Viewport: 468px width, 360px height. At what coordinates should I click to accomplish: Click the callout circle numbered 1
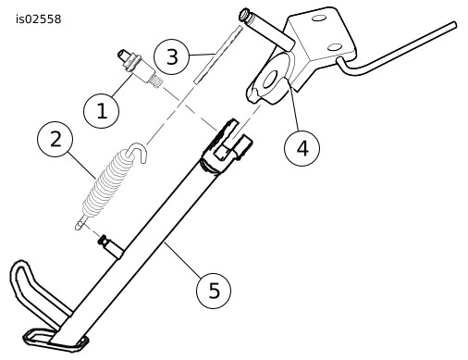[102, 110]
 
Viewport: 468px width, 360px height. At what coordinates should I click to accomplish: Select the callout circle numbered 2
[55, 139]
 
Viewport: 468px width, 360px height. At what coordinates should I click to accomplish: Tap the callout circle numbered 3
[171, 56]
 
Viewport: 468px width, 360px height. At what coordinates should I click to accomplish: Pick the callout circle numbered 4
[302, 148]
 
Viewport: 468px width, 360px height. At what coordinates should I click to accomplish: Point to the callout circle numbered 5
[214, 291]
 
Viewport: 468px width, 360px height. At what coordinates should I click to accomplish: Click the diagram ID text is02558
[39, 19]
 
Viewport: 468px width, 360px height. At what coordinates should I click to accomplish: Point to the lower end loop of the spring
[80, 224]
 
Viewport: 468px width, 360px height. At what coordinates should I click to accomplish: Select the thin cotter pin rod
[218, 55]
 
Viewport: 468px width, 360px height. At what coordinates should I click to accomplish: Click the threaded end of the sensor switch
[156, 81]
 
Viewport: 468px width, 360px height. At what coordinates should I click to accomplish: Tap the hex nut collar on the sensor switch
[132, 63]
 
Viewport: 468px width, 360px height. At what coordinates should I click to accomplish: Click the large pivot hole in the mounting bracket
[270, 80]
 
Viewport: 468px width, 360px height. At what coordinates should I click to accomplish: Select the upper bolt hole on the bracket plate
[319, 19]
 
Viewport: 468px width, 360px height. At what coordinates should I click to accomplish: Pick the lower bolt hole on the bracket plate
[335, 47]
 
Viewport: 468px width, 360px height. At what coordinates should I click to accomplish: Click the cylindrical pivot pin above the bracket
[267, 29]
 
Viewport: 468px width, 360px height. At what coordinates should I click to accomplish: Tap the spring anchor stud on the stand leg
[110, 246]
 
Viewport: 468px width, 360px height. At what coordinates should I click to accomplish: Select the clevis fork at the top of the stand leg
[226, 145]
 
